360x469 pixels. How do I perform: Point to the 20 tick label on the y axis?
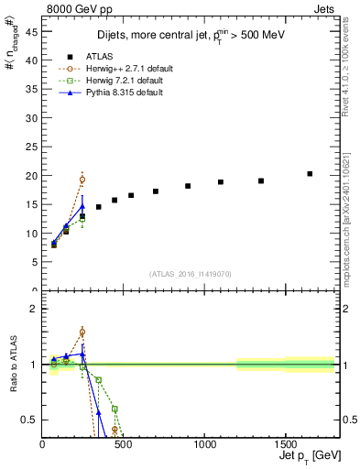pos(31,176)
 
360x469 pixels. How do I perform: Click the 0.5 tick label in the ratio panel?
pos(29,420)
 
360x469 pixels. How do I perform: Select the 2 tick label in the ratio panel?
pos(33,309)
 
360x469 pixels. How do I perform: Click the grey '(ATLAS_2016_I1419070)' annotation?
pos(190,273)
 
